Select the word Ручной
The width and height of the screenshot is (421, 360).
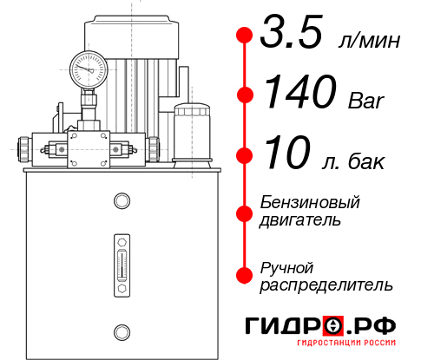point(286,265)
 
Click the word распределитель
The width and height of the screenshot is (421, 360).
point(326,284)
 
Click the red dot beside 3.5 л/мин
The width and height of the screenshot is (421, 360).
point(245,36)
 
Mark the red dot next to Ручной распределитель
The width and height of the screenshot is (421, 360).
point(245,275)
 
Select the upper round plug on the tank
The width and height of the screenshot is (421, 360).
point(121,202)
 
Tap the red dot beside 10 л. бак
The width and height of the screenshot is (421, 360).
point(245,155)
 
